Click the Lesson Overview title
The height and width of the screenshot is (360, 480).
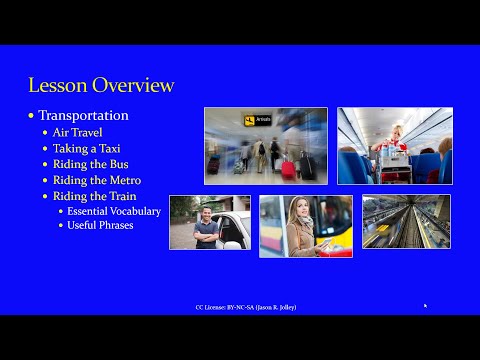tap(100, 85)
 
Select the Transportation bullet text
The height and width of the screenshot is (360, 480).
tap(83, 115)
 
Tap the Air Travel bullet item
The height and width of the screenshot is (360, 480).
tap(78, 132)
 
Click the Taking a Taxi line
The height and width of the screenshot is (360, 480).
tap(86, 148)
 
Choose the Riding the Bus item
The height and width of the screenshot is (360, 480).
tap(91, 164)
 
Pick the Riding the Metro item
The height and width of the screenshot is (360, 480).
tap(96, 180)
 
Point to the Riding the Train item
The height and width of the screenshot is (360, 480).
tap(95, 196)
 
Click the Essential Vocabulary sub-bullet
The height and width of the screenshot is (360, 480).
tap(113, 211)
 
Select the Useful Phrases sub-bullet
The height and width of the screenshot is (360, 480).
tap(100, 226)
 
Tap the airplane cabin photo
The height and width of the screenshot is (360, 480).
tap(393, 145)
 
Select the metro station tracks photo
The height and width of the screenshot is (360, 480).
tap(405, 221)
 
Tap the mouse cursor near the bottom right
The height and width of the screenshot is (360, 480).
tap(425, 306)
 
